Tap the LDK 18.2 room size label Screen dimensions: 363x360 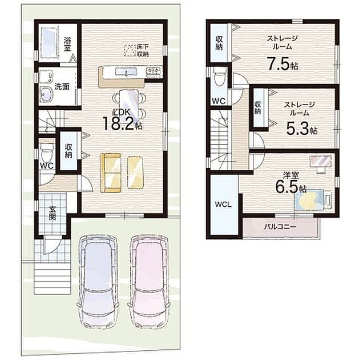(122, 119)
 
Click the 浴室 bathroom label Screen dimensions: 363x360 (67, 44)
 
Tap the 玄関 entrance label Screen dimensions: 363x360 (53, 214)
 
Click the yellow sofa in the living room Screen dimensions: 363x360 (111, 173)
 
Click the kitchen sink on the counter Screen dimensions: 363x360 (126, 72)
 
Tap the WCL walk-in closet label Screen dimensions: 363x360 (223, 205)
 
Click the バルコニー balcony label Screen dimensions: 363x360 (280, 227)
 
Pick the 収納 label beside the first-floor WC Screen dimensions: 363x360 (68, 151)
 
